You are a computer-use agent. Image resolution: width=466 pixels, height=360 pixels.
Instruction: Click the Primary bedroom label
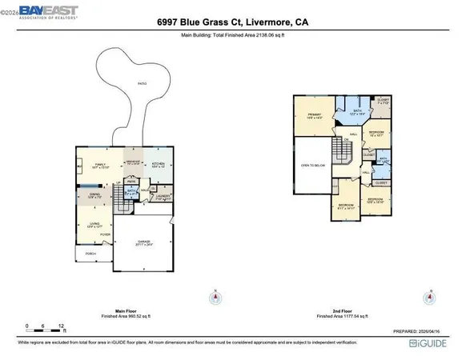[313, 115]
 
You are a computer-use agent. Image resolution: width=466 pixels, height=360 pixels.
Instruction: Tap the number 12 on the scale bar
[62, 326]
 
